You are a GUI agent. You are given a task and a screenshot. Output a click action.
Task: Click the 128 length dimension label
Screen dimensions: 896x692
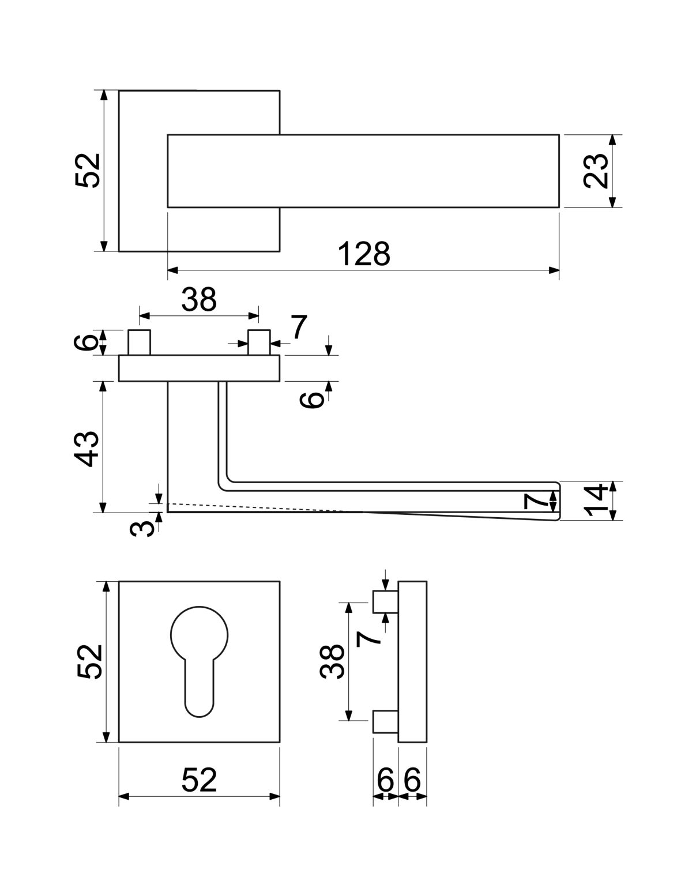pos(364,254)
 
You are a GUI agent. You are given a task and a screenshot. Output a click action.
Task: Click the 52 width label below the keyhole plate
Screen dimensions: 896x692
pos(199,780)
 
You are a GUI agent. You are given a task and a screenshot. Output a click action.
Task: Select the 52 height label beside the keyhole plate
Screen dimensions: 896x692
pos(88,661)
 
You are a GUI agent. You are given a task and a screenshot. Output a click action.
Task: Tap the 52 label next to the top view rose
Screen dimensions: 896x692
pos(88,171)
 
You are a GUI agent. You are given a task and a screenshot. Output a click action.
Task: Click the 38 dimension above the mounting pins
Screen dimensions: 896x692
pos(199,300)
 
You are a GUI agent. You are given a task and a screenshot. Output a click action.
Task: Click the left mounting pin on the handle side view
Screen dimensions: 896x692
pos(140,343)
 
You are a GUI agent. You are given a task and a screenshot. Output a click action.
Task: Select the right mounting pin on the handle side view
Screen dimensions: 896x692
pos(259,343)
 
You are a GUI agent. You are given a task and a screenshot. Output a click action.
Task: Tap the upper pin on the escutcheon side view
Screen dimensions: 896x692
pos(385,602)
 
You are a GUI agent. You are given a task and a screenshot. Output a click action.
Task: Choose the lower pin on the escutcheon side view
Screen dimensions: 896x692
pos(385,721)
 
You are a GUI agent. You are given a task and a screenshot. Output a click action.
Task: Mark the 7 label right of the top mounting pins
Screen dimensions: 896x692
pos(298,328)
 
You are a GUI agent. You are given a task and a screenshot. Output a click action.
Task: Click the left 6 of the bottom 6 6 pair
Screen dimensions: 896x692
pos(385,781)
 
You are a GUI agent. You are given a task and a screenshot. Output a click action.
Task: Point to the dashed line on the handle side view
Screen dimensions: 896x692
pos(259,507)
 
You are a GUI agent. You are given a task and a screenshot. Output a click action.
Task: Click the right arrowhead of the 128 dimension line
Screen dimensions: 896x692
pos(554,270)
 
